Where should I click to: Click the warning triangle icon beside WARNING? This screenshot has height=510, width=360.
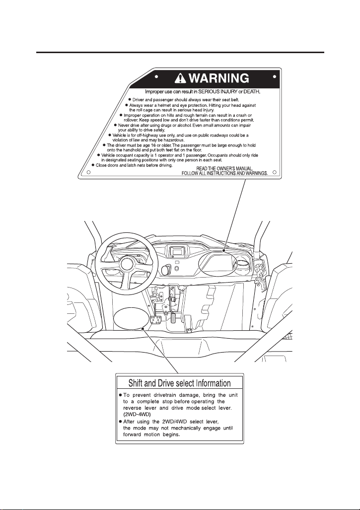tap(180, 78)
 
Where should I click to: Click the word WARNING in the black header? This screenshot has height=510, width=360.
tap(219, 78)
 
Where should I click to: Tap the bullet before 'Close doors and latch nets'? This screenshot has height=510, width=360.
tap(93, 165)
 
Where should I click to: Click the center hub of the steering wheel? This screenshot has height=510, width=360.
tap(127, 263)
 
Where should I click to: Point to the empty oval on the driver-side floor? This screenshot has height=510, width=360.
tap(129, 318)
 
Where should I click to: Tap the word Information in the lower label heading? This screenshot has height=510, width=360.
tap(214, 383)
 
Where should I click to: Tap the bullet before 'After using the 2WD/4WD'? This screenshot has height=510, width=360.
tap(120, 422)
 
